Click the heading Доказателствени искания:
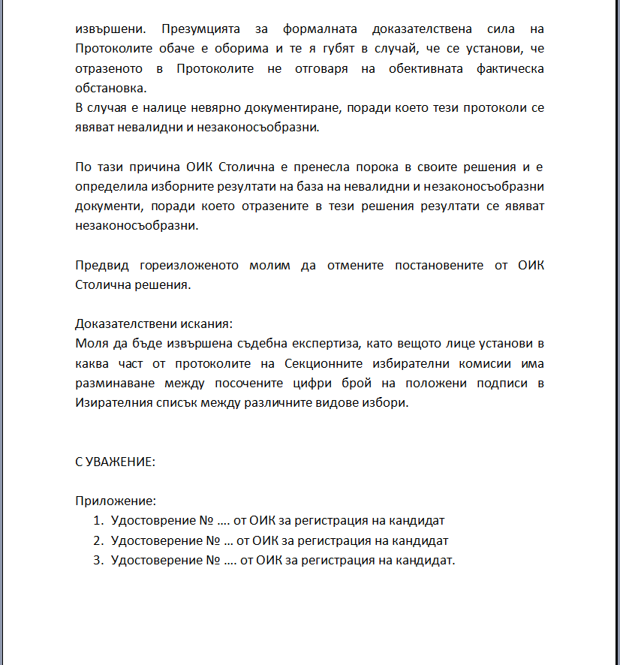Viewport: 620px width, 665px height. [154, 323]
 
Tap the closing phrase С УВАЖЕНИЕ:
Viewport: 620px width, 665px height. [115, 462]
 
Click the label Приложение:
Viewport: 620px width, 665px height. [116, 501]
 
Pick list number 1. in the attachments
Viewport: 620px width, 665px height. [98, 520]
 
